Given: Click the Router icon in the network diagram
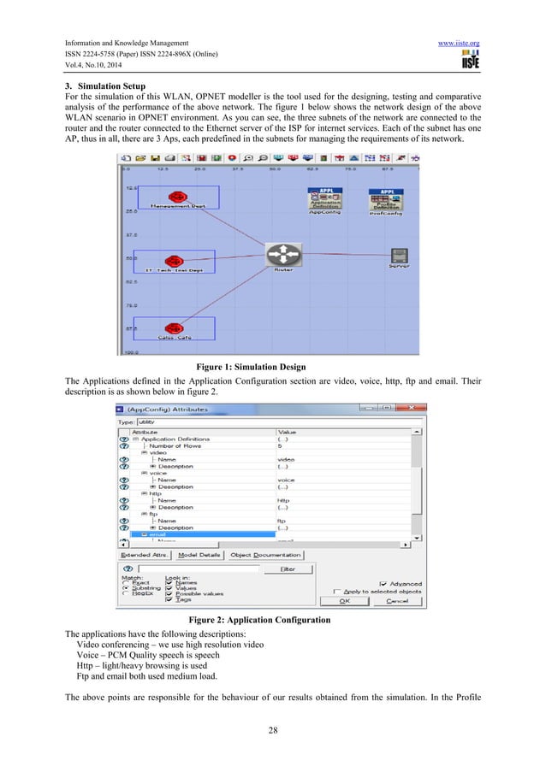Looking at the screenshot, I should (283, 254).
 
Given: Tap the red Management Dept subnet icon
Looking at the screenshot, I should (176, 197).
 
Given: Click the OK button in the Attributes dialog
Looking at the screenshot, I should (344, 600).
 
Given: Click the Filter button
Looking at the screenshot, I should (288, 568).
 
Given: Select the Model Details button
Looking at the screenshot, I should (199, 555).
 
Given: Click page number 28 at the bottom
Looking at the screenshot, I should (272, 729).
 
